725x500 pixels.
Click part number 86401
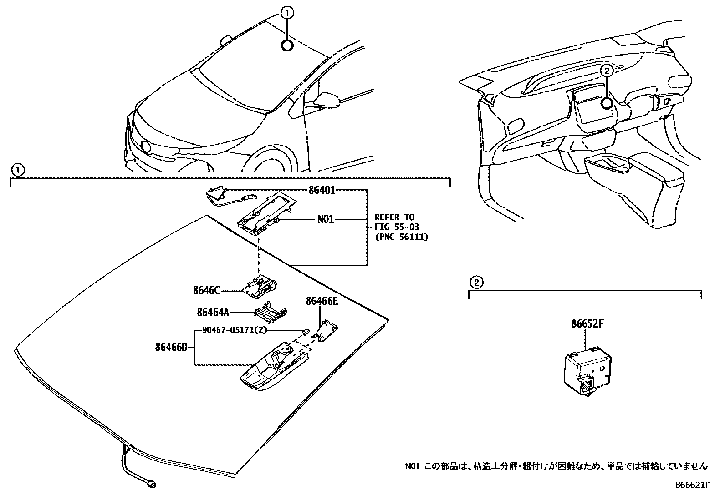click(x=322, y=190)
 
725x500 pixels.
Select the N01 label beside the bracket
click(x=325, y=220)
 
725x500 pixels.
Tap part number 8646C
click(x=206, y=290)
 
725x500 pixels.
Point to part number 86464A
click(x=213, y=312)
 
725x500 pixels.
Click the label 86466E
click(x=322, y=301)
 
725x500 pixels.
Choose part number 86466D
click(x=171, y=348)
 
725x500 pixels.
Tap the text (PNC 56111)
click(x=401, y=237)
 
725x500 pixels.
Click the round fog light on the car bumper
click(x=146, y=146)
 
